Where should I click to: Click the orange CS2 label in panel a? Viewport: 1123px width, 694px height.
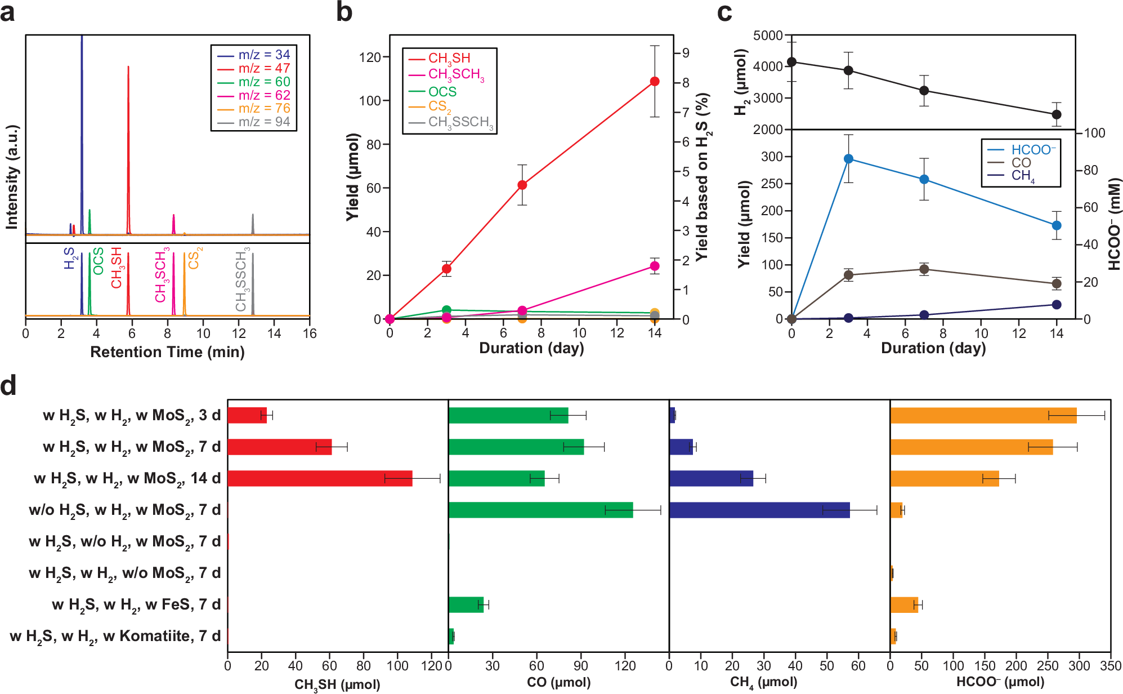click(194, 258)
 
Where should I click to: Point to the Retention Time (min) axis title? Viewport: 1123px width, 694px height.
click(167, 352)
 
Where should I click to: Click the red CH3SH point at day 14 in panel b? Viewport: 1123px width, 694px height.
click(655, 82)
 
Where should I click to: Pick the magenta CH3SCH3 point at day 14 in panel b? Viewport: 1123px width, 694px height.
click(655, 266)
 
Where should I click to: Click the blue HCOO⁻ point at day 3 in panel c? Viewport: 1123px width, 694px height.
click(848, 159)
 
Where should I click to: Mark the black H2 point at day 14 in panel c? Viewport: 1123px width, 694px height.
click(1057, 114)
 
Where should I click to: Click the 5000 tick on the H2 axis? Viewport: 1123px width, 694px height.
click(768, 35)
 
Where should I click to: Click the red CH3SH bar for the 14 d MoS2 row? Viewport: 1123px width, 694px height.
click(320, 478)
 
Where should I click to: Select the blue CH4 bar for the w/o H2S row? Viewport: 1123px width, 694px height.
click(759, 510)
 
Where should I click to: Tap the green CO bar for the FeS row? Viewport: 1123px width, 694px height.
click(466, 604)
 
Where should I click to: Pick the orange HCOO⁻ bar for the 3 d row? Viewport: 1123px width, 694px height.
click(983, 415)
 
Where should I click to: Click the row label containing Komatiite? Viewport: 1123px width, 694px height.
click(115, 637)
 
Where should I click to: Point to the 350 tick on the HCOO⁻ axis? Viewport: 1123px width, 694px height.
click(1110, 665)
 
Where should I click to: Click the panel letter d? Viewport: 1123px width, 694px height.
click(8, 386)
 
